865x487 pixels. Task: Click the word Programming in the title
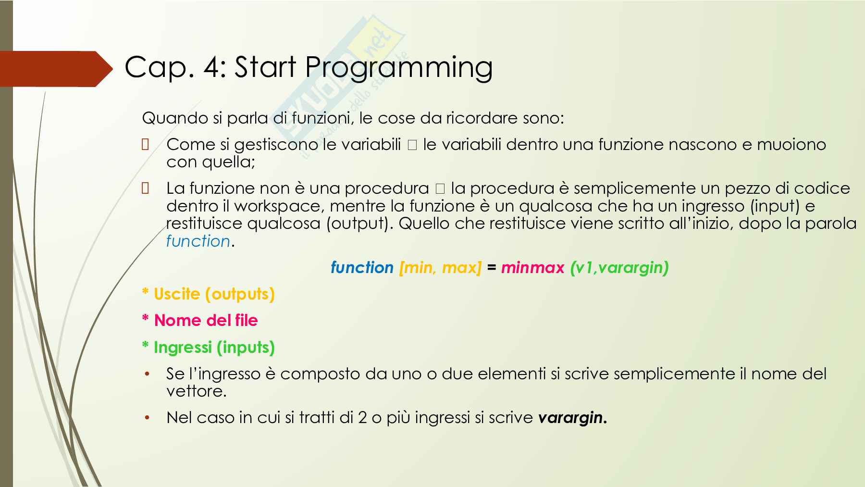pyautogui.click(x=398, y=68)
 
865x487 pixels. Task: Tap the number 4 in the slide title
pyautogui.click(x=211, y=67)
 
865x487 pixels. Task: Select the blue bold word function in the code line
pyautogui.click(x=362, y=267)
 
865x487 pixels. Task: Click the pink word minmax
pyautogui.click(x=532, y=267)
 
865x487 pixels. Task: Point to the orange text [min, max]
pyautogui.click(x=440, y=268)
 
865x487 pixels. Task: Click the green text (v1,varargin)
pyautogui.click(x=619, y=268)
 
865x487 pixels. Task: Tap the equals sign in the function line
pyautogui.click(x=491, y=268)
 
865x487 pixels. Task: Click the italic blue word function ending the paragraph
pyautogui.click(x=198, y=241)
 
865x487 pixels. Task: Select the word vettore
pyautogui.click(x=196, y=391)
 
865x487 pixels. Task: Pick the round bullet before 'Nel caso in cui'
pyautogui.click(x=148, y=418)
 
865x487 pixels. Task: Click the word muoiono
pyautogui.click(x=791, y=144)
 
